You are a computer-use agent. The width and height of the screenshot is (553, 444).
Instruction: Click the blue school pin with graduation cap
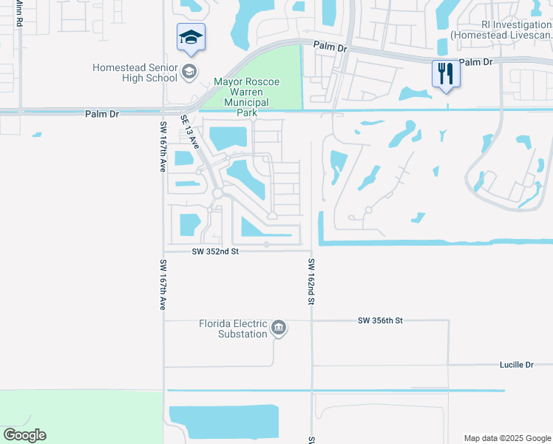pyautogui.click(x=191, y=38)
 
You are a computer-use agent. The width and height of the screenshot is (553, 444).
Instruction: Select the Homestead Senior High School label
pyautogui.click(x=135, y=73)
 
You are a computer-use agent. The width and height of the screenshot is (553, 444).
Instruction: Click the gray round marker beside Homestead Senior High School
pyautogui.click(x=190, y=72)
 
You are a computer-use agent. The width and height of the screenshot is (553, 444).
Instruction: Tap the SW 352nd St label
pyautogui.click(x=215, y=252)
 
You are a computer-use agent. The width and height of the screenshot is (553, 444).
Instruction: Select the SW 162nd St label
pyautogui.click(x=312, y=282)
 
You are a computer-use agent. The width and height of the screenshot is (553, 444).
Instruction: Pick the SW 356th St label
pyautogui.click(x=380, y=320)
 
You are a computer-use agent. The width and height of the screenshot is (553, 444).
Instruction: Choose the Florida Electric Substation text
pyautogui.click(x=232, y=329)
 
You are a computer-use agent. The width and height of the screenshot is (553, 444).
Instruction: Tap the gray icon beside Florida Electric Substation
pyautogui.click(x=279, y=329)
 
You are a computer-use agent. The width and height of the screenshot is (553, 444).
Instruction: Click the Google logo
pyautogui.click(x=24, y=435)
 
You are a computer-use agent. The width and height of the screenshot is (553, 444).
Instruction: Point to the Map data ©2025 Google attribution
pyautogui.click(x=506, y=438)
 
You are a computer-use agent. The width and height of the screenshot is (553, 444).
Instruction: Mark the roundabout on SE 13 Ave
pyautogui.click(x=217, y=193)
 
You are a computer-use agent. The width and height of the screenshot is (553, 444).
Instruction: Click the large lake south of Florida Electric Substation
pyautogui.click(x=224, y=423)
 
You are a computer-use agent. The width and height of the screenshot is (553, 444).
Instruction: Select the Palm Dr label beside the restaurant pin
pyautogui.click(x=475, y=62)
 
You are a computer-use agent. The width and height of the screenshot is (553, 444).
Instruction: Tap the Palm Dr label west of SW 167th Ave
pyautogui.click(x=101, y=114)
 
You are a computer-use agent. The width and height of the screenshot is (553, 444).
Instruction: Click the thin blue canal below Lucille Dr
pyautogui.click(x=336, y=390)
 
